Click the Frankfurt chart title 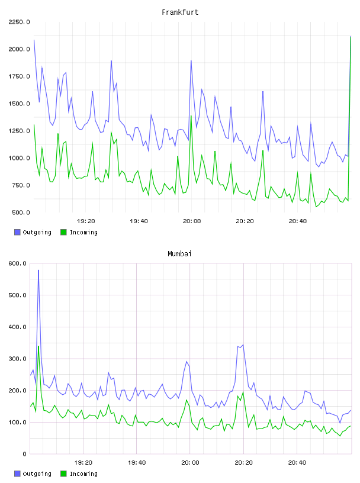[180, 12]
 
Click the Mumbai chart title [179, 254]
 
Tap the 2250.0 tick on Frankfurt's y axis [19, 22]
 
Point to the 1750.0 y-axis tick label [19, 76]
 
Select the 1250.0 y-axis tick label [19, 131]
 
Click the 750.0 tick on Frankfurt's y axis [21, 185]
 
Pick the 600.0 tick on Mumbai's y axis [18, 263]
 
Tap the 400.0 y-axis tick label [18, 327]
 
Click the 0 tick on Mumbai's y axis [25, 454]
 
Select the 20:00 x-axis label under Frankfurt [192, 221]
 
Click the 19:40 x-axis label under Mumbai [137, 462]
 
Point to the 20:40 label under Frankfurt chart [298, 221]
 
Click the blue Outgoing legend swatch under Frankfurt [17, 232]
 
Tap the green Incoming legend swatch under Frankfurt [63, 232]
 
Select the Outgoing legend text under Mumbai [37, 474]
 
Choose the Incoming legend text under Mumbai [83, 474]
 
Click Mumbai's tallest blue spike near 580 [38, 270]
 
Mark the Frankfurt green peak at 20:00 [191, 116]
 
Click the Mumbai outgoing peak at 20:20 [243, 344]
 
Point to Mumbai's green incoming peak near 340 [38, 346]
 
